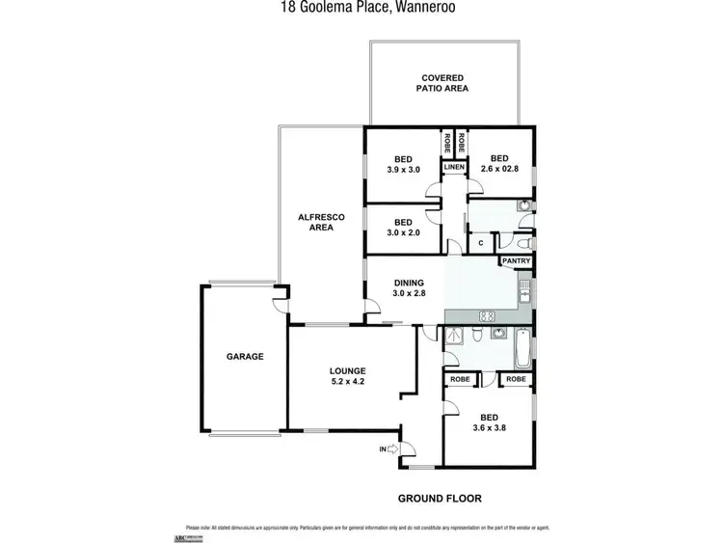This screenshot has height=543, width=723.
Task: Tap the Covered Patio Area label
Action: coord(442,82)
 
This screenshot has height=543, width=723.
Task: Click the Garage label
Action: coord(245,356)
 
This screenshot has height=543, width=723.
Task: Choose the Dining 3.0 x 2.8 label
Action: coord(408,287)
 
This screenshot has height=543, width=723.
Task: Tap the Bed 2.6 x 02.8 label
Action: coord(498,164)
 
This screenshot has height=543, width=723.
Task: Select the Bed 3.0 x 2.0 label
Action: coord(403,228)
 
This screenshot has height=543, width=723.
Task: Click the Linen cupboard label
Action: coord(454,168)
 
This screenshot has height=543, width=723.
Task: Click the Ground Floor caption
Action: coord(440,498)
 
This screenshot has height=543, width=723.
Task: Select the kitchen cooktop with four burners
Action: coord(488,315)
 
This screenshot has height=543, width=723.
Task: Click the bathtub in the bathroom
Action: coord(523,348)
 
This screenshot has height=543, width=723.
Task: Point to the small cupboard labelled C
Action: coord(480,243)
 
